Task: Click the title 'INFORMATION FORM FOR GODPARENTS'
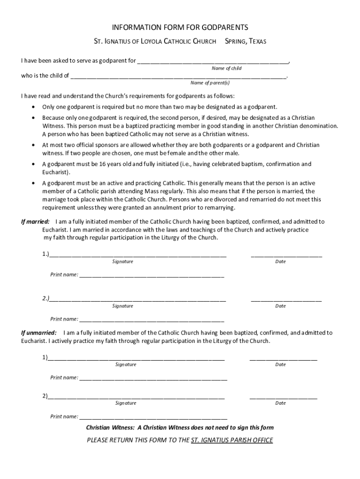click(x=180, y=28)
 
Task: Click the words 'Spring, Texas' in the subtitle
click(x=245, y=42)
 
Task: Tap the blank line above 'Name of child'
click(x=213, y=62)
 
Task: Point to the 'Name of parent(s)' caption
click(x=210, y=83)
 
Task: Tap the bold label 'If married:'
click(x=35, y=221)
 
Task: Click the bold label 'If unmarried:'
click(x=39, y=333)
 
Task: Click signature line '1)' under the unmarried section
click(x=136, y=360)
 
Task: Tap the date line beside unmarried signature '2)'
click(x=283, y=398)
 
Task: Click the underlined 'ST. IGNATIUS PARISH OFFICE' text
click(x=232, y=440)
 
